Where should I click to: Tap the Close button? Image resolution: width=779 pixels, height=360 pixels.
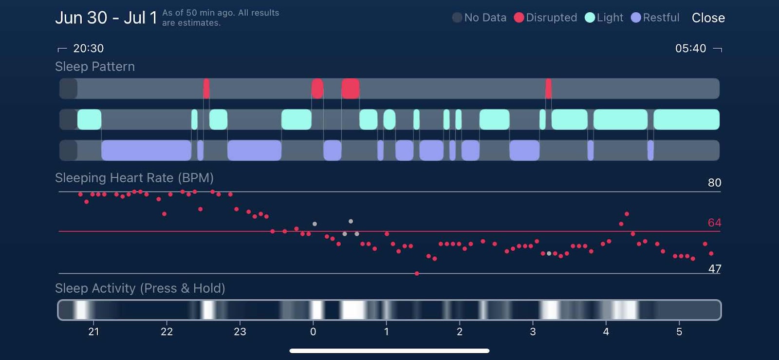[708, 18]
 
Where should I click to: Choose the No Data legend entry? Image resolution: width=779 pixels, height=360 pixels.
[480, 18]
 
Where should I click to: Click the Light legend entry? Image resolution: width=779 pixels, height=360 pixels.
[604, 18]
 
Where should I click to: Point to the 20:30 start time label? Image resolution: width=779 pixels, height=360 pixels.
[88, 48]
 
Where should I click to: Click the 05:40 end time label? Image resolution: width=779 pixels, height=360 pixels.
[690, 48]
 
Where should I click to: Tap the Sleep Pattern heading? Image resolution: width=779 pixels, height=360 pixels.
[95, 67]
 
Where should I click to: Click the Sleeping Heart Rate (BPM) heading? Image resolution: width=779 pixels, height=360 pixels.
[134, 178]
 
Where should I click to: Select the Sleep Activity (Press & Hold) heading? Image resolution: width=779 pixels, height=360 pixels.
[140, 288]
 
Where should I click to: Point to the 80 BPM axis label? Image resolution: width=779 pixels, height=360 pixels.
[714, 183]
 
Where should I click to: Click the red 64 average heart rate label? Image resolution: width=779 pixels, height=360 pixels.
[714, 223]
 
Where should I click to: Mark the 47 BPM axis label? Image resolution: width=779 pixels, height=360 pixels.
[714, 269]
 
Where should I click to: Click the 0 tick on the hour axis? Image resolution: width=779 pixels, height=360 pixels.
[313, 332]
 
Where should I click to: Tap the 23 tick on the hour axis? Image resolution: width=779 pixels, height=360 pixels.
[240, 332]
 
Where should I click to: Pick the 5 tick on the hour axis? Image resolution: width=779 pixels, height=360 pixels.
[679, 332]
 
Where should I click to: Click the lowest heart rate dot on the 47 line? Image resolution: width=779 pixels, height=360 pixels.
[417, 274]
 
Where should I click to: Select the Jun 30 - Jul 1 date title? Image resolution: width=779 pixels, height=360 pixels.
[106, 18]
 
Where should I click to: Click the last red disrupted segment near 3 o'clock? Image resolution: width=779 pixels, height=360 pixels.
[549, 89]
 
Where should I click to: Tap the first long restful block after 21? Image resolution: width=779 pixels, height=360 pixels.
[146, 151]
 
